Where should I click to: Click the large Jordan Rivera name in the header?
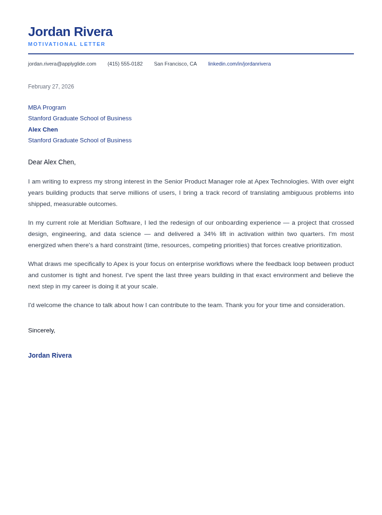click(x=70, y=32)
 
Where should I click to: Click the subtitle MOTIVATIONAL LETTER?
click(x=67, y=44)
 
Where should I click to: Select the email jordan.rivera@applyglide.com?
click(x=62, y=64)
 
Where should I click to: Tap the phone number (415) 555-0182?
click(x=125, y=64)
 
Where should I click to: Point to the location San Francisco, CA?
click(x=176, y=64)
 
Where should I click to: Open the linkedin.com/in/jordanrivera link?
click(x=239, y=64)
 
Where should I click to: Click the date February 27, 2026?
click(x=51, y=87)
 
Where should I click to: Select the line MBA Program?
click(x=47, y=108)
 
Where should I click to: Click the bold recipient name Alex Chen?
click(x=43, y=130)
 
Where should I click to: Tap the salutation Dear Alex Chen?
click(x=52, y=162)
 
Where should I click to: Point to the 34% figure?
click(x=210, y=234)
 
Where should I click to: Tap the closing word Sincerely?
click(x=42, y=331)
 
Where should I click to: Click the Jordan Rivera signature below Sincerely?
click(x=50, y=355)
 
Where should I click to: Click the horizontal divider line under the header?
click(x=191, y=54)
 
